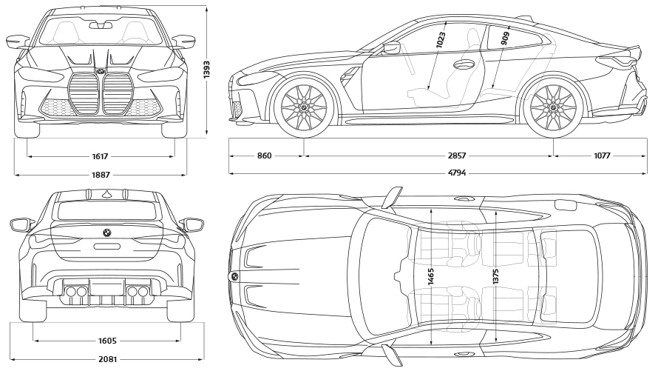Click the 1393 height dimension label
tap(207, 74)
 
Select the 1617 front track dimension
tap(101, 156)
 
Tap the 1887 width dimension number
tap(101, 175)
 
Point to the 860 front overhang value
tap(265, 156)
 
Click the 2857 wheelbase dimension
tap(457, 156)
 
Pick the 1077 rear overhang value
tap(601, 156)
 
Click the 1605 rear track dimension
tap(107, 341)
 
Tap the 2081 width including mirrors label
tap(107, 359)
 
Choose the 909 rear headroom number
tap(505, 39)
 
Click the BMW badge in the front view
tap(101, 71)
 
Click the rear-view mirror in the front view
tap(101, 25)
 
